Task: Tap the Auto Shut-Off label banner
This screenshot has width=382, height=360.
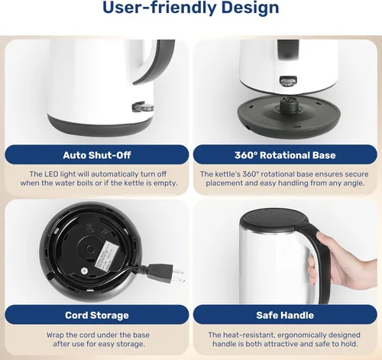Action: (97, 155)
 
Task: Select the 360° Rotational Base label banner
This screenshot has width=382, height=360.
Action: (285, 155)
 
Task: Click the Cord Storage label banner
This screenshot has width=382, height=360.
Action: (97, 315)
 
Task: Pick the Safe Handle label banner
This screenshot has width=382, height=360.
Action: (285, 315)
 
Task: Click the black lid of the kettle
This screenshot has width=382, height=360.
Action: (274, 219)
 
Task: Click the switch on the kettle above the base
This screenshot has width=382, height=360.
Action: (288, 81)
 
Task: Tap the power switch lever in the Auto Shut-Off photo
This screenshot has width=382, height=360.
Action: (143, 107)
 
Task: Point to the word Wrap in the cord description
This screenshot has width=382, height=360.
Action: (55, 335)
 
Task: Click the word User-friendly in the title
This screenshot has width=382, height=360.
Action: (159, 8)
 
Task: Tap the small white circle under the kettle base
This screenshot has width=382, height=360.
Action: (83, 271)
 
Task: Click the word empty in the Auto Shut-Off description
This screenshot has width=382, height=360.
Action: (166, 183)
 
